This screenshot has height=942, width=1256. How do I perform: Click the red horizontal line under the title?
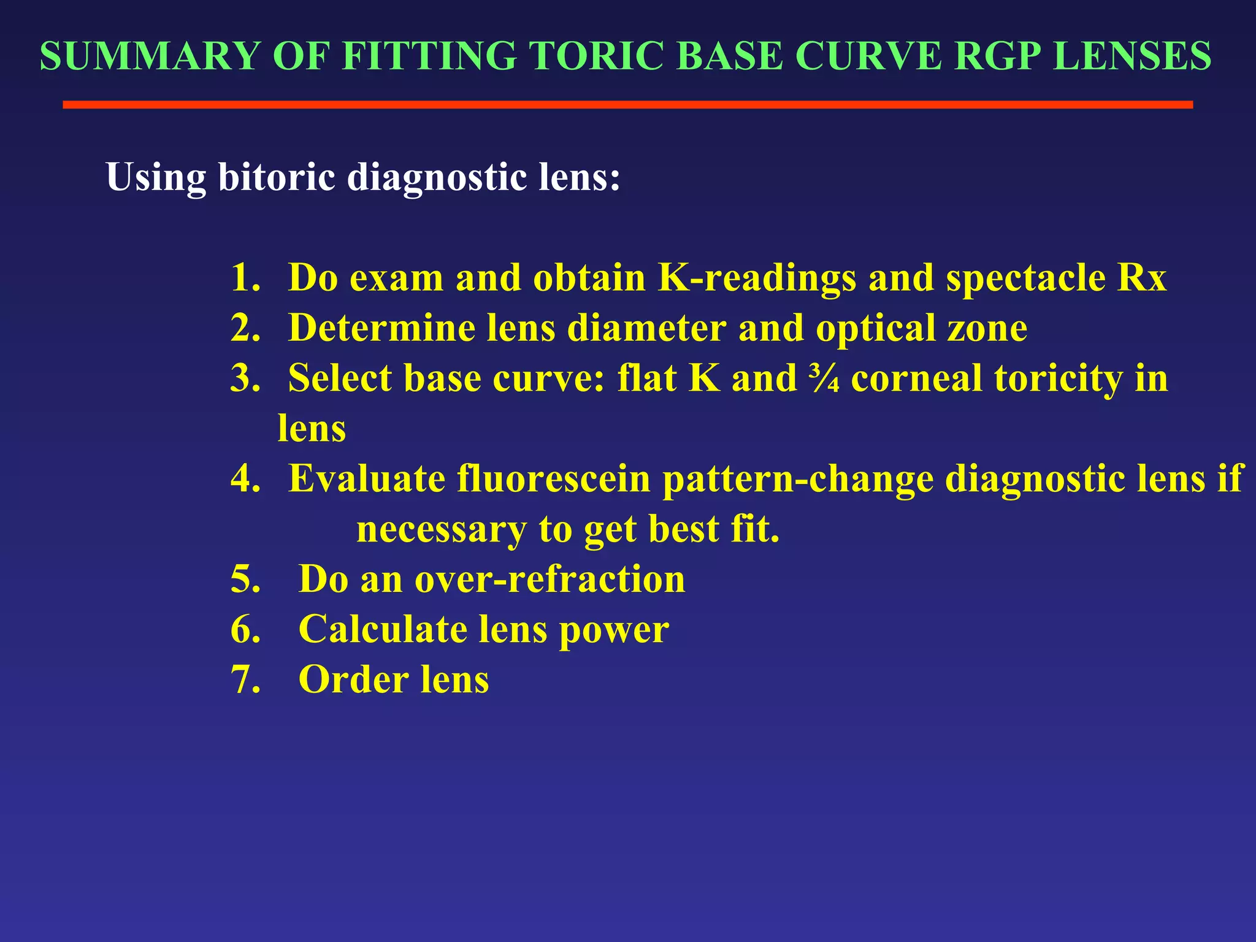627,105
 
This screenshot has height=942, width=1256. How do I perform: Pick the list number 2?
245,328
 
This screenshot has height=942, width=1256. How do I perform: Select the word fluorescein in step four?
554,478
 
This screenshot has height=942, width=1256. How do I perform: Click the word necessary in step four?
442,529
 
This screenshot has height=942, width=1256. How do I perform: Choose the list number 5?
245,579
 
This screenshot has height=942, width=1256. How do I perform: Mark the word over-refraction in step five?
549,579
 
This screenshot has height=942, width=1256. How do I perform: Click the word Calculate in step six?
383,629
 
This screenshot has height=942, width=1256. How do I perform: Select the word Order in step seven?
353,680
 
